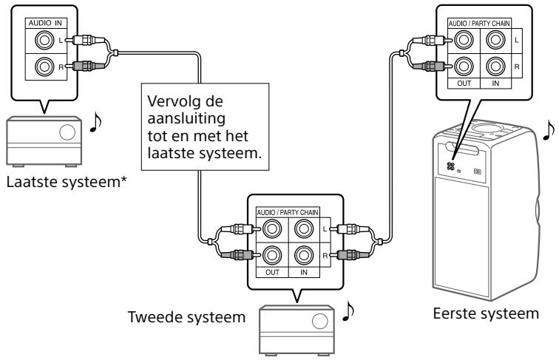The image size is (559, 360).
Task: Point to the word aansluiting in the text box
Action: [177, 118]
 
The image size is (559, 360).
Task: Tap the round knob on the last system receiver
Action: [67, 134]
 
